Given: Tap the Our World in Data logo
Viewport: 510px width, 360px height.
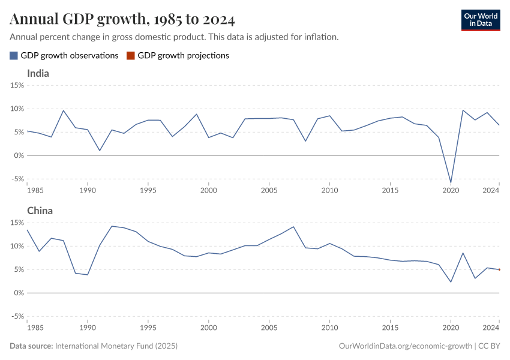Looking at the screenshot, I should click(x=480, y=20).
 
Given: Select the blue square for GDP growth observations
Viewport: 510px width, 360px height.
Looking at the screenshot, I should click(x=14, y=56).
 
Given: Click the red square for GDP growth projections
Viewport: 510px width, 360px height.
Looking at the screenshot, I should click(x=131, y=56).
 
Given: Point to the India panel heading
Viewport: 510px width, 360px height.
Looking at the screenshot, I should click(x=38, y=74).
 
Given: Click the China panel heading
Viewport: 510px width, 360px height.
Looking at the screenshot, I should click(x=40, y=211).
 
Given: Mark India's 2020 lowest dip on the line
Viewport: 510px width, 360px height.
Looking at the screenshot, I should click(x=451, y=182).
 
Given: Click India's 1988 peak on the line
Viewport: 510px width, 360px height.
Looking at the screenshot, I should click(x=64, y=110).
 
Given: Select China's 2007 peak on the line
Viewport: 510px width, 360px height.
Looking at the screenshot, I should click(x=293, y=227).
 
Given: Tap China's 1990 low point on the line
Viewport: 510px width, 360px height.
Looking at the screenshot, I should click(x=88, y=275).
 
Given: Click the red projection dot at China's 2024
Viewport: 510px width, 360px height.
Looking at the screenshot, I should click(x=499, y=270).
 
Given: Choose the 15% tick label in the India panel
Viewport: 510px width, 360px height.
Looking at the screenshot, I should click(x=16, y=85).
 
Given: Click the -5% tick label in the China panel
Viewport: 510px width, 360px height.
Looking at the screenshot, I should click(x=16, y=316).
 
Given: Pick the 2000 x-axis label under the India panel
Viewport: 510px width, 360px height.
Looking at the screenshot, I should click(x=208, y=190).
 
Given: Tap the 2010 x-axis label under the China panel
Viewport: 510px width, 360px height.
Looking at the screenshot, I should click(x=329, y=328).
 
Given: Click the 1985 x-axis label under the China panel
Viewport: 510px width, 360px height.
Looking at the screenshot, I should click(x=35, y=328).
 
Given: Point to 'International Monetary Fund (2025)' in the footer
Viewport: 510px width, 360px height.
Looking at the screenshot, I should click(x=116, y=346).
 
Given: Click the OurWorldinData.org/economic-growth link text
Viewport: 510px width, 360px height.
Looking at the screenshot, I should click(x=405, y=346).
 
